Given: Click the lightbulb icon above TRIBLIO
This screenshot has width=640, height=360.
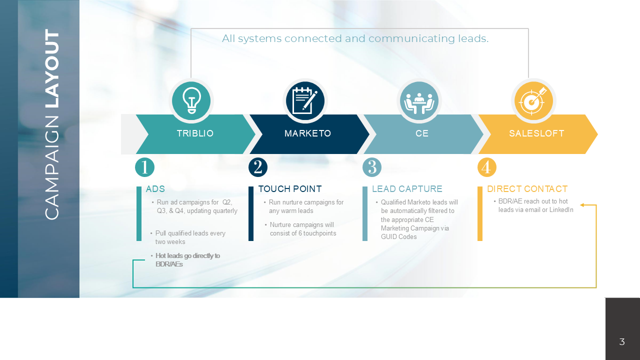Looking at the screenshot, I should click(191, 101).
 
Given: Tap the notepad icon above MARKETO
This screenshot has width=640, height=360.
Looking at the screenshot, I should click(305, 101).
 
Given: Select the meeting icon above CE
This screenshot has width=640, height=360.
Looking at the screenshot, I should click(419, 101).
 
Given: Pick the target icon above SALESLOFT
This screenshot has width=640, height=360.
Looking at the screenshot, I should click(533, 101).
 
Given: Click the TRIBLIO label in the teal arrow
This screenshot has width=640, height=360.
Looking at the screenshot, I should click(195, 133).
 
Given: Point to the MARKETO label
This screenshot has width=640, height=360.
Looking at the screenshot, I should click(307, 133).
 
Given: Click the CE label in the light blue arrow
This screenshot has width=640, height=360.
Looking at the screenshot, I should click(422, 133).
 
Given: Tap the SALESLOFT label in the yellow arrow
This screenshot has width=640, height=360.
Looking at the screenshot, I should click(536, 133).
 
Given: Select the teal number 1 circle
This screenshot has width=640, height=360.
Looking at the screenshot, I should click(144, 167).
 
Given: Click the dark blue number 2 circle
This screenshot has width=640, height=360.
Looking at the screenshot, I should click(258, 167).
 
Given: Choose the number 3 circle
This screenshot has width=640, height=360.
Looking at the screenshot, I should click(372, 167).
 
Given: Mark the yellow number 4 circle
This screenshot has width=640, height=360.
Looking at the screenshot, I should click(486, 167).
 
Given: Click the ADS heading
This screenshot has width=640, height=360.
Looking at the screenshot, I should click(155, 189).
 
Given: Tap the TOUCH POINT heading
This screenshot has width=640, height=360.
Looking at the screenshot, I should click(290, 189).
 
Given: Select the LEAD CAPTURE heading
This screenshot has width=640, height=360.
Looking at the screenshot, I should click(407, 189).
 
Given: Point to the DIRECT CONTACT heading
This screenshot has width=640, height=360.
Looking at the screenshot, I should click(527, 189).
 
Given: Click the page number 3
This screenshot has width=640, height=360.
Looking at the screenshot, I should click(622, 342).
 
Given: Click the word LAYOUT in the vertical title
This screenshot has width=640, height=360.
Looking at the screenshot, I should click(51, 69).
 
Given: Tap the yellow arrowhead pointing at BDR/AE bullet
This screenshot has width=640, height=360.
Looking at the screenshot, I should click(582, 205).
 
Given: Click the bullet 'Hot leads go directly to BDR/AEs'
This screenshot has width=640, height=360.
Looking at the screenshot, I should click(187, 260).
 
